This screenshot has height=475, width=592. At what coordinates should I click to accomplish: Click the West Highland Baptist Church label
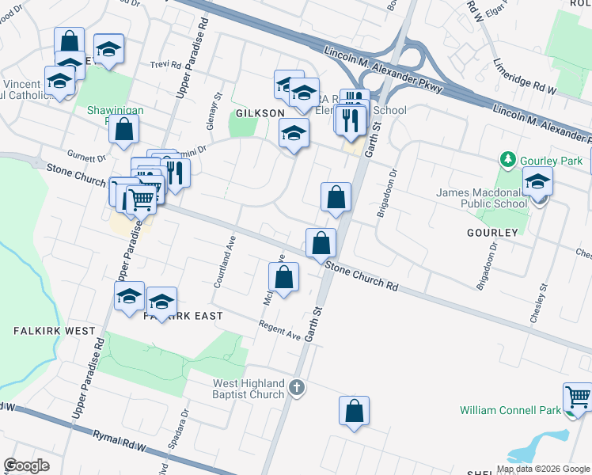(x=248, y=389)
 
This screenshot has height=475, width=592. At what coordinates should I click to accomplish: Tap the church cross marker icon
(x=297, y=387)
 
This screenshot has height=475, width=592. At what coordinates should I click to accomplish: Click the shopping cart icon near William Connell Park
(x=578, y=397)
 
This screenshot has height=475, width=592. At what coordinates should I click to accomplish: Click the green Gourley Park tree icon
(x=509, y=161)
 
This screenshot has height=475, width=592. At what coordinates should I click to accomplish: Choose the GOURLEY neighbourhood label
(x=493, y=233)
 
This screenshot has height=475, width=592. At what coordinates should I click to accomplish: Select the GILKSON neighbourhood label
(x=259, y=113)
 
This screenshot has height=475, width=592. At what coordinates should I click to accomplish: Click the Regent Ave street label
(x=281, y=330)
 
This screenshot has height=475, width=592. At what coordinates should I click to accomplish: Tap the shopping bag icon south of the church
(x=355, y=411)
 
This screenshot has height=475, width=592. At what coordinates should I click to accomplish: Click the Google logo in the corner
(x=27, y=465)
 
